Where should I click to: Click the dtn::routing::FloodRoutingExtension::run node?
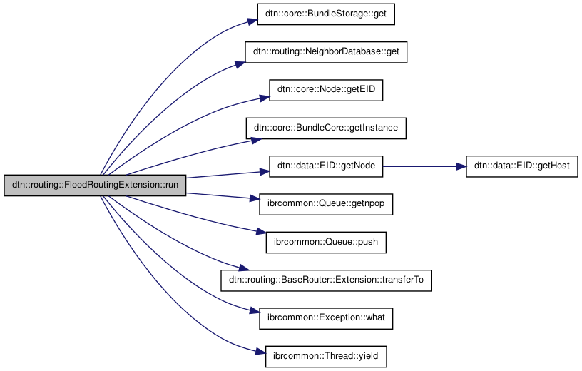pyautogui.click(x=95, y=185)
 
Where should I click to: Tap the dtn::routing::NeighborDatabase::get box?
pyautogui.click(x=326, y=52)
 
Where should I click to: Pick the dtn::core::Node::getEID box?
pyautogui.click(x=326, y=90)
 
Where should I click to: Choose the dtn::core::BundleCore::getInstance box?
pyautogui.click(x=326, y=128)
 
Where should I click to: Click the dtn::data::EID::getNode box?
pyautogui.click(x=326, y=166)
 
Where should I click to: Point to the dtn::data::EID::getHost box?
pyautogui.click(x=521, y=166)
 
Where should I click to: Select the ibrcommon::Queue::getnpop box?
pyautogui.click(x=326, y=205)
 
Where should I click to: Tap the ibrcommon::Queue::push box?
pyautogui.click(x=326, y=243)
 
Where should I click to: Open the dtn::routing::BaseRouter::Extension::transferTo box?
pyautogui.click(x=326, y=280)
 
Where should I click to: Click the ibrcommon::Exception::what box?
pyautogui.click(x=326, y=318)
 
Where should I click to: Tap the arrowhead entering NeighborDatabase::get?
pyautogui.click(x=239, y=65)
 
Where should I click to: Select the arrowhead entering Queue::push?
pyautogui.click(x=260, y=233)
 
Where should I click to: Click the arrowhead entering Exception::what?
pyautogui.click(x=252, y=312)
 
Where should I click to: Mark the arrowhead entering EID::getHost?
pyautogui.click(x=461, y=166)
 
